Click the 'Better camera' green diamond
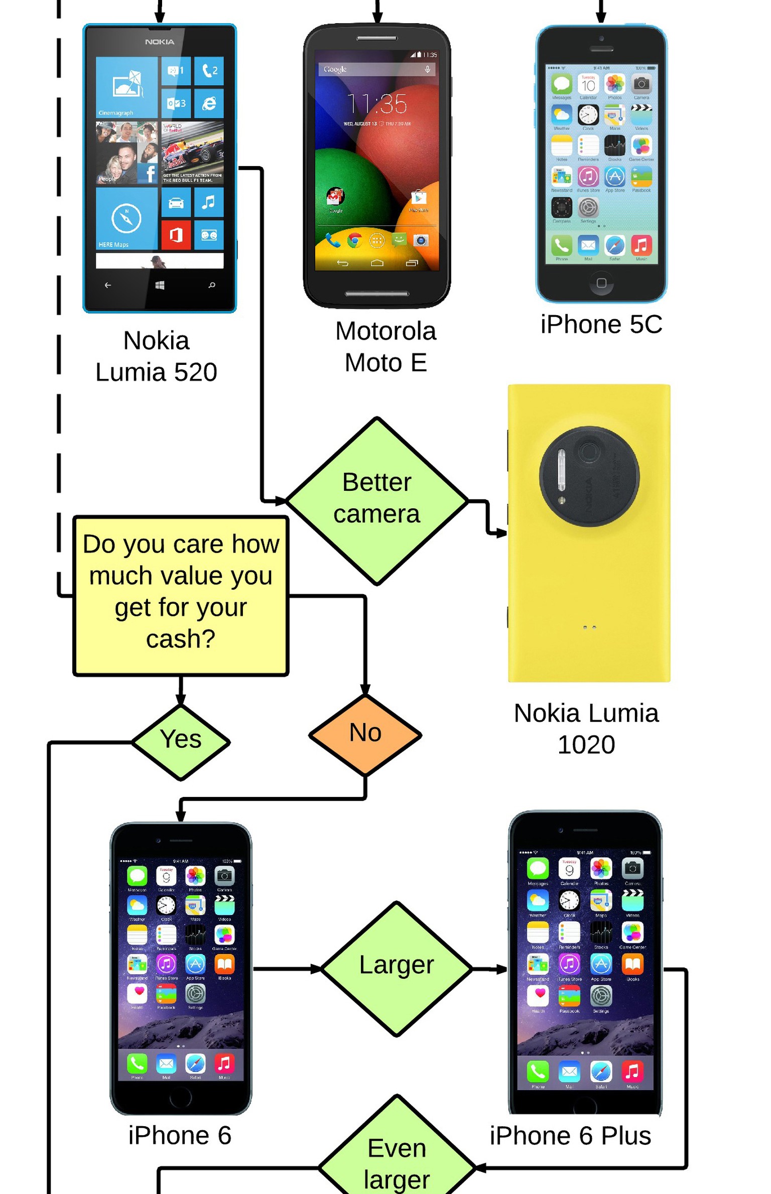click(x=376, y=500)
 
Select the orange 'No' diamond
click(x=365, y=734)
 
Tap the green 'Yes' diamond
click(x=181, y=741)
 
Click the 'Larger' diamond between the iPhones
click(x=397, y=966)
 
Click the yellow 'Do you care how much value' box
click(x=181, y=595)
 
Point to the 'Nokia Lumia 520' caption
click(x=157, y=356)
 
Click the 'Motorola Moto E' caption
click(x=385, y=347)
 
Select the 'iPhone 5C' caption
click(x=601, y=324)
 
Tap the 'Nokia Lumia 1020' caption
click(x=586, y=728)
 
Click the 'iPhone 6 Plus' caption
click(x=570, y=1135)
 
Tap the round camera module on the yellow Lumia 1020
click(x=589, y=476)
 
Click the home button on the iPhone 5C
click(x=601, y=283)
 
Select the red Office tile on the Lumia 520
click(x=176, y=235)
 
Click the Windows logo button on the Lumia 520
click(x=160, y=285)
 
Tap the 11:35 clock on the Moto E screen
click(x=376, y=104)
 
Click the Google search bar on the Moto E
click(x=376, y=69)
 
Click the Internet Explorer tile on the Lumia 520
click(x=209, y=103)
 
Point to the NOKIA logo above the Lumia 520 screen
click(x=160, y=42)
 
